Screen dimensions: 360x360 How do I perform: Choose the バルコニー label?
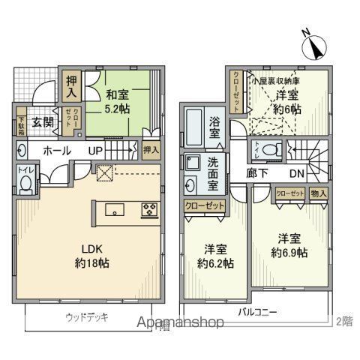[258, 310]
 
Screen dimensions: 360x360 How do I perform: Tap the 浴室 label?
[214, 127]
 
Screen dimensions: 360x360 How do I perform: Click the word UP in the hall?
[96, 151]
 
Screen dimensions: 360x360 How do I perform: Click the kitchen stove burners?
[149, 209]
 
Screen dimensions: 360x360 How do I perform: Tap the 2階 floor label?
[344, 320]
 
